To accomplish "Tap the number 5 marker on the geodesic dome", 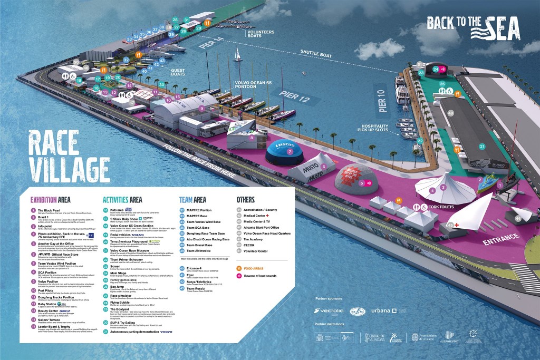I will coord(362,183).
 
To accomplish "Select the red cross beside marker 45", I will coord(457,225).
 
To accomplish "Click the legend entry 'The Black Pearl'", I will coord(50,210).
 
